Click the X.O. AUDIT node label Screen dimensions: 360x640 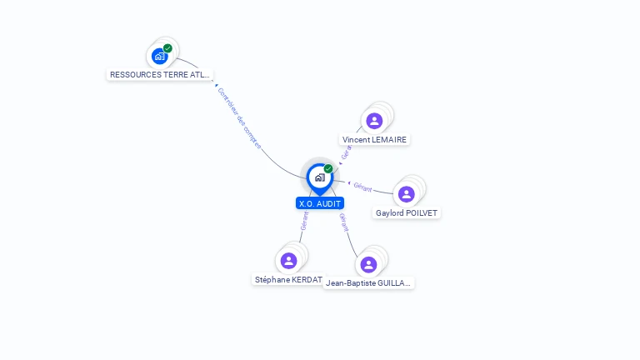click(x=320, y=203)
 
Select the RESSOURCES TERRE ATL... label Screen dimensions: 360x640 click(x=160, y=75)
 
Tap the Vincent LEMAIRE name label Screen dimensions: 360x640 click(x=375, y=140)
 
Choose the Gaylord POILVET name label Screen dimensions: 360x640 click(x=407, y=213)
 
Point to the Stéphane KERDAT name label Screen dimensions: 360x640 click(x=288, y=280)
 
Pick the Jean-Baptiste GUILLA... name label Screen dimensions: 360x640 click(x=368, y=283)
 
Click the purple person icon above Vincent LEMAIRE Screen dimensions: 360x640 click(x=374, y=121)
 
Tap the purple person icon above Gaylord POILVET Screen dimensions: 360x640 click(x=407, y=194)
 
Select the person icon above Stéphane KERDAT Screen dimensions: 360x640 click(x=288, y=261)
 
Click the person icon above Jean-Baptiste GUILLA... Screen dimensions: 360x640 click(x=368, y=264)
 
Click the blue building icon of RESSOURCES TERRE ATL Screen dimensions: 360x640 click(x=159, y=57)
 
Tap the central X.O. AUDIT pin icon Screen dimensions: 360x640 click(x=319, y=177)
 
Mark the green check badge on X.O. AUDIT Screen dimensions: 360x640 click(x=328, y=168)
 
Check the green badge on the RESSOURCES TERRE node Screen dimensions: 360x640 click(x=167, y=48)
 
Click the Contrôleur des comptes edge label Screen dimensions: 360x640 click(x=239, y=118)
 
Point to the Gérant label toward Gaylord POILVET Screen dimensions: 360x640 click(x=362, y=187)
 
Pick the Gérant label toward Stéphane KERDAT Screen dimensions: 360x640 click(x=304, y=220)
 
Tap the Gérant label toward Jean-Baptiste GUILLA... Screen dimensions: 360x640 click(x=342, y=222)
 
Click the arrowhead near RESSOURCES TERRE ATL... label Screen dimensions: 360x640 click(x=216, y=85)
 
